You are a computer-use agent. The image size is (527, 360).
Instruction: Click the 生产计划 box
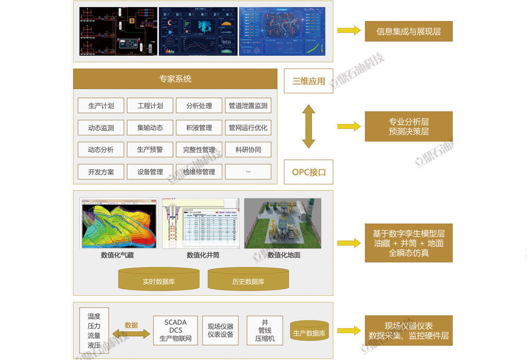point(101,106)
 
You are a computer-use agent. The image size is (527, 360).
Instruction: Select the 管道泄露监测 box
point(248,106)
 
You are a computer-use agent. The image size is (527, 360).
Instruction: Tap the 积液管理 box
point(199,128)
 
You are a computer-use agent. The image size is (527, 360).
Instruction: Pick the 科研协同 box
point(248,150)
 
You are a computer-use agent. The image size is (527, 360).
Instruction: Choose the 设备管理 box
point(150,172)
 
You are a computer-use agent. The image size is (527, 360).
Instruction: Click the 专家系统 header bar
point(175,79)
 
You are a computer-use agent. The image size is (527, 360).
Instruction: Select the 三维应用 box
point(309,81)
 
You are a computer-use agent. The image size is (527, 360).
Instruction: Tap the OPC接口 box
point(309,172)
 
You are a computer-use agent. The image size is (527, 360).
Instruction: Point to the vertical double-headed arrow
point(308,126)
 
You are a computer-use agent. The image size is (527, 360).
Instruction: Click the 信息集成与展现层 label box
point(409,31)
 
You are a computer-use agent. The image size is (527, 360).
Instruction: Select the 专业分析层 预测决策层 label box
point(409,126)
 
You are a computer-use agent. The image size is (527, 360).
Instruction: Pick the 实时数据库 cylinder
point(159,281)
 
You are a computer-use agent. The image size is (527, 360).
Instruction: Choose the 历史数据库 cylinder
point(248,281)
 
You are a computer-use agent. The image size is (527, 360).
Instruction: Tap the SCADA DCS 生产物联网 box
point(175,330)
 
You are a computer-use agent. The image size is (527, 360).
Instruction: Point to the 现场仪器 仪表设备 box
point(220,330)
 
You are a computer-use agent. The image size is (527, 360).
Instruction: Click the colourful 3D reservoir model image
point(119,223)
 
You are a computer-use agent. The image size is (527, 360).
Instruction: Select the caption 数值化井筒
point(203,255)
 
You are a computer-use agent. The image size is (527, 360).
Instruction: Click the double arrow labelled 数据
point(131,334)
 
